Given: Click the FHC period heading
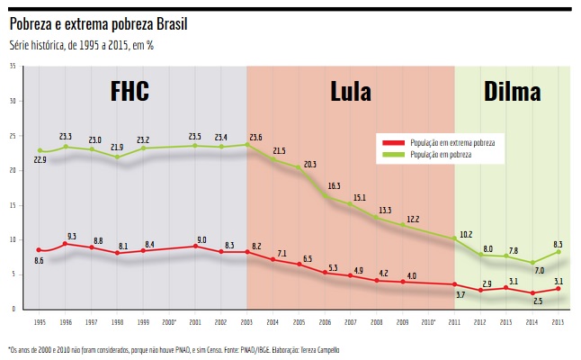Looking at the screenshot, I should tap(130, 91).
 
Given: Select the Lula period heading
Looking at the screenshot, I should tap(351, 91).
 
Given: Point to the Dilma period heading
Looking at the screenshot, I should tap(512, 91).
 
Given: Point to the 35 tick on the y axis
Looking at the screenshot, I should tap(12, 67).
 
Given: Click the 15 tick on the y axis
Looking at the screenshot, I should tap(12, 205).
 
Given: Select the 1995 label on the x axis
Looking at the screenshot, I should tap(40, 320).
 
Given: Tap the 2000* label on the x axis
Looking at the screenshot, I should tap(168, 320).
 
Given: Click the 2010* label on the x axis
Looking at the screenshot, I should tap(428, 320).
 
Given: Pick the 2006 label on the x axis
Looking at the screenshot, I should tap(325, 320).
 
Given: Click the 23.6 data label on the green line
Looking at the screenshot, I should tap(255, 137).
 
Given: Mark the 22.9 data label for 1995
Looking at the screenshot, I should tap(40, 159).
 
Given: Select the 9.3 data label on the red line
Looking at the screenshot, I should tap(72, 236).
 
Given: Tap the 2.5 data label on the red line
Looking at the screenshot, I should tap(537, 301).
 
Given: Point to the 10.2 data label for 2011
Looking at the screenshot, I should tap(465, 234).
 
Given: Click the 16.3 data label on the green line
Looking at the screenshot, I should tap(333, 186).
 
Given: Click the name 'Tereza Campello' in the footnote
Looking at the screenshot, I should tap(314, 348).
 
